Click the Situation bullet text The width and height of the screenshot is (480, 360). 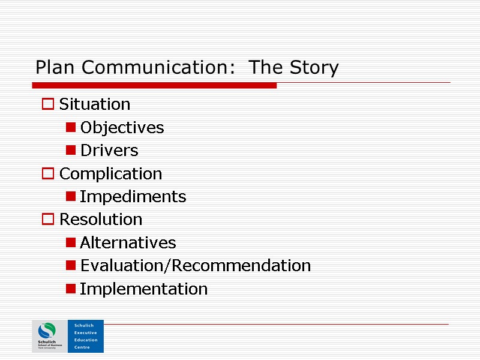[95, 104]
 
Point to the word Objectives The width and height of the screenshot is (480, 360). [122, 128]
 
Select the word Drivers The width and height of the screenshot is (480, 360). [109, 151]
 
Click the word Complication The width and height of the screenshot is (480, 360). [111, 174]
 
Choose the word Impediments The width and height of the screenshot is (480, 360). [133, 197]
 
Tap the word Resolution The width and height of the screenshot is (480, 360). [101, 220]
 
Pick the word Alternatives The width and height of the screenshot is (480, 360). [128, 243]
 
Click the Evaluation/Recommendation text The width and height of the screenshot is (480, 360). [196, 266]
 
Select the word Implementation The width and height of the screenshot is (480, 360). [144, 289]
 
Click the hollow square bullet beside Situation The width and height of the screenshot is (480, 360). [47, 105]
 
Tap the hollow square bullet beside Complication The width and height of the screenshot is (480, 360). [47, 175]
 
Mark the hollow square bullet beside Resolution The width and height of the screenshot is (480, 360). [47, 220]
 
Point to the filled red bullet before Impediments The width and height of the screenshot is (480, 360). [71, 197]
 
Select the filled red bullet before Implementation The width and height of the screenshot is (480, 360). [71, 289]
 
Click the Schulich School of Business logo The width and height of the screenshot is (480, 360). [49, 336]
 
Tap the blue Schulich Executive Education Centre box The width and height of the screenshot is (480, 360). [86, 336]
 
